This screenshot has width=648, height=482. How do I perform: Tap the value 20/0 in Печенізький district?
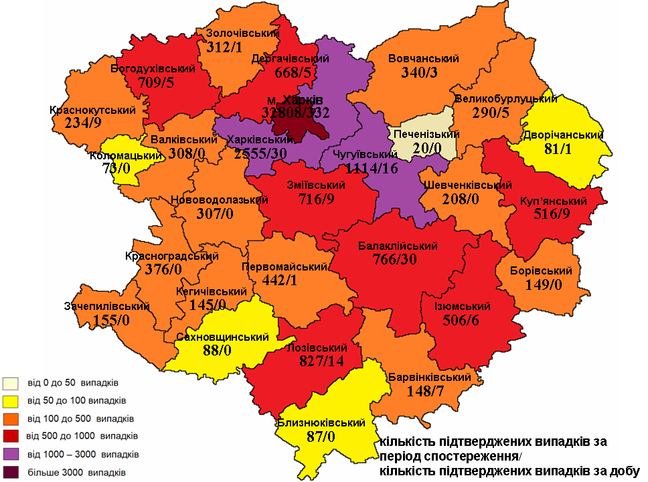[x=426, y=149]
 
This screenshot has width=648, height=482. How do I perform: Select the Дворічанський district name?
[x=564, y=134]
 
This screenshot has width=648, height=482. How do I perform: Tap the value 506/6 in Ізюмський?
[x=462, y=320]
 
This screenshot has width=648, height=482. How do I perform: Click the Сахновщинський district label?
[x=218, y=337]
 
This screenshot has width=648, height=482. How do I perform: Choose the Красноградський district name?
[x=173, y=256]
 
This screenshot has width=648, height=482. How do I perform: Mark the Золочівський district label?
[x=234, y=33]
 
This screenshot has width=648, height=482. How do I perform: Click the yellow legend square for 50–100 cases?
[x=9, y=400]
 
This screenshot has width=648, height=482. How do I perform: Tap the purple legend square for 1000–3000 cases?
[x=9, y=455]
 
